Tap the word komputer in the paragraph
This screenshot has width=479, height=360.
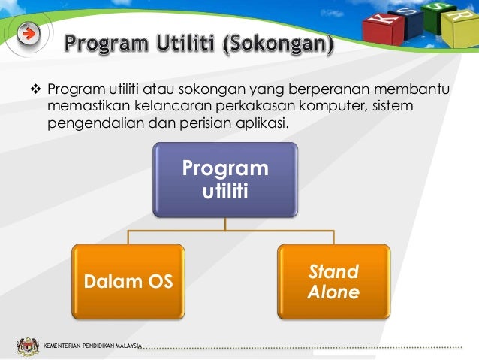pyautogui.click(x=335, y=107)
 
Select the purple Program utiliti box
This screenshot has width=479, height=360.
pyautogui.click(x=225, y=179)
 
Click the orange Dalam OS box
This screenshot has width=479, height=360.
pyautogui.click(x=127, y=282)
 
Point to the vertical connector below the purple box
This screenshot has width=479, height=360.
pyautogui.click(x=225, y=225)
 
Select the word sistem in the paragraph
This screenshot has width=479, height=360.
pyautogui.click(x=393, y=107)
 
